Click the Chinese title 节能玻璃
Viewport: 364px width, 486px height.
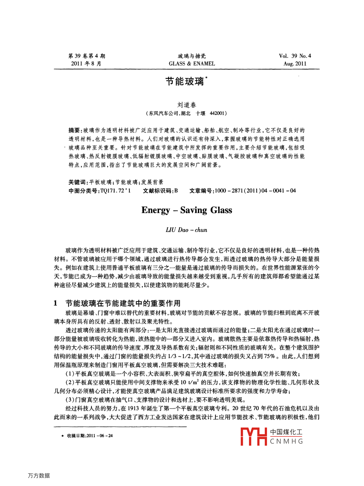pyautogui.click(x=185, y=82)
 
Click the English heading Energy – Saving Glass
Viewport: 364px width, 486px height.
pyautogui.click(x=186, y=210)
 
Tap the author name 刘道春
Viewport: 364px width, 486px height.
pyautogui.click(x=186, y=105)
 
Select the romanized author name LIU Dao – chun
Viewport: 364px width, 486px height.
pyautogui.click(x=186, y=230)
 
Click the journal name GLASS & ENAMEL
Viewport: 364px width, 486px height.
pyautogui.click(x=192, y=64)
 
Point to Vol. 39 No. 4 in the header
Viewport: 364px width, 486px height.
pyautogui.click(x=295, y=56)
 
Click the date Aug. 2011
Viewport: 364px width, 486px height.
pyautogui.click(x=295, y=64)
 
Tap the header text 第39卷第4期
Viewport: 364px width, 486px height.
pyautogui.click(x=87, y=56)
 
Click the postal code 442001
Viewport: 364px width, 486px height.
pyautogui.click(x=217, y=113)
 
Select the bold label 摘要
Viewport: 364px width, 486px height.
pyautogui.click(x=74, y=131)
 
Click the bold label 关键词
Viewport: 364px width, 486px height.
pyautogui.click(x=77, y=182)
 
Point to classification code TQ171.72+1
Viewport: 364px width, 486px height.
pyautogui.click(x=116, y=191)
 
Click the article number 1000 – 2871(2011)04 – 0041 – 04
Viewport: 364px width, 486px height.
pyautogui.click(x=255, y=191)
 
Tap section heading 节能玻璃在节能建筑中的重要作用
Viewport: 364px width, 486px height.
pyautogui.click(x=123, y=303)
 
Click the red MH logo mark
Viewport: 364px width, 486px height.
pyautogui.click(x=253, y=436)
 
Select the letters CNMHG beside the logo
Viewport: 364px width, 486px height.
pyautogui.click(x=286, y=441)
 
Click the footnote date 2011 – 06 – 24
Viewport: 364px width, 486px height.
pyautogui.click(x=100, y=436)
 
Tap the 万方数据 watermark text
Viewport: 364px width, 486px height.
pyautogui.click(x=39, y=476)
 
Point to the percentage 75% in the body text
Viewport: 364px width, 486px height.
pyautogui.click(x=269, y=356)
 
